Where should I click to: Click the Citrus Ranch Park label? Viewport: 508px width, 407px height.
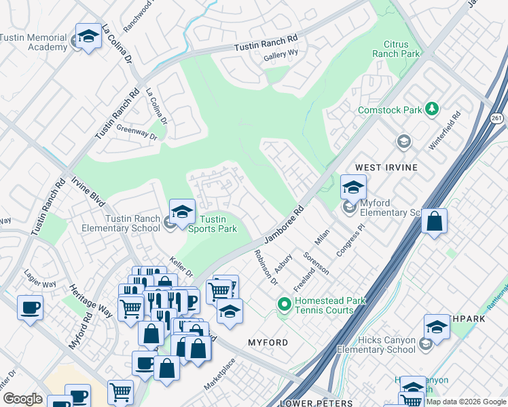coord(397,49)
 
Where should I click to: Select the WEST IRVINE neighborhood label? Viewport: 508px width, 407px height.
coord(384,167)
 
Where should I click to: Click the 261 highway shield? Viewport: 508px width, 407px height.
coord(497,117)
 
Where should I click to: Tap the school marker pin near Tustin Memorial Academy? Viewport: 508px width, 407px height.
coord(88,37)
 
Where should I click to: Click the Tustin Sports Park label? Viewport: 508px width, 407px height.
coord(217,224)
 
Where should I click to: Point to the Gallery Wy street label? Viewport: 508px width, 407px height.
coord(281,56)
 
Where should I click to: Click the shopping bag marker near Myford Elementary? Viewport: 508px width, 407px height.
coord(434,221)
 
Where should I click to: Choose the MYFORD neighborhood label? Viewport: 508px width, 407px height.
coord(268,343)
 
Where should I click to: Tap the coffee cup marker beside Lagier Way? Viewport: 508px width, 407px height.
coord(30,308)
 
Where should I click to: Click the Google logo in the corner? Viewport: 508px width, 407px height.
coord(22,399)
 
